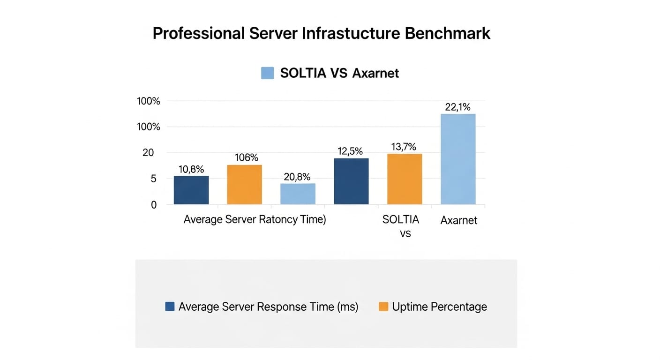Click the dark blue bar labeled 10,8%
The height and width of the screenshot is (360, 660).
[x=191, y=190]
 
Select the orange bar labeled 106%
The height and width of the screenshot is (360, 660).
[x=244, y=184]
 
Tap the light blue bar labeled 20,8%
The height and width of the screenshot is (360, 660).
[x=298, y=194]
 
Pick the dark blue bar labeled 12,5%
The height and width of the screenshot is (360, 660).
[x=351, y=181]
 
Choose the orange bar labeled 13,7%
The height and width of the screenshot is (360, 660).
[x=404, y=179]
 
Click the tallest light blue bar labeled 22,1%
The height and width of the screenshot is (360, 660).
[x=458, y=159]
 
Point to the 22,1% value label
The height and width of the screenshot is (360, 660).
[x=457, y=107]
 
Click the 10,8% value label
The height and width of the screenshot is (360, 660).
[x=191, y=169]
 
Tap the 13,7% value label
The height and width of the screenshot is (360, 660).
[x=404, y=147]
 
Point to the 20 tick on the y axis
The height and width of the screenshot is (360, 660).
[x=148, y=153]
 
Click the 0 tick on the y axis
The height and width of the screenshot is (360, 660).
[x=153, y=205]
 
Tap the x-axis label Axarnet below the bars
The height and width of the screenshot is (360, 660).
[x=458, y=220]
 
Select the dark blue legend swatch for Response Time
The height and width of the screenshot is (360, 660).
[x=170, y=307]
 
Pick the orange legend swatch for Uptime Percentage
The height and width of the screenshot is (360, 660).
[x=383, y=307]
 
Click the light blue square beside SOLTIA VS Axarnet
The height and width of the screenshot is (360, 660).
[x=267, y=73]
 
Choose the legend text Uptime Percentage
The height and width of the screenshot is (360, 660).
[x=439, y=307]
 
